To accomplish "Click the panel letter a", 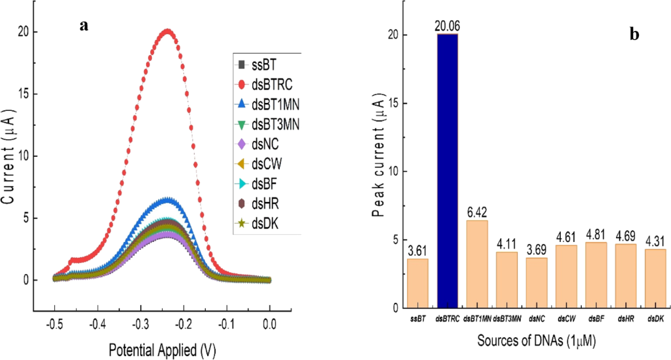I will point(83,25).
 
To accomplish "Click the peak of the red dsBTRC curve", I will point(167,31).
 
